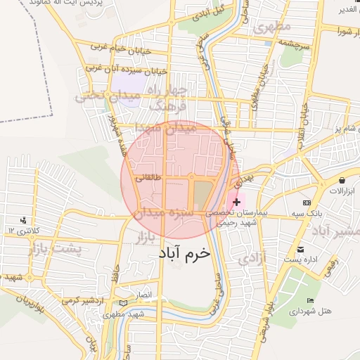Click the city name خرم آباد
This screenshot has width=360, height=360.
pos(184,252)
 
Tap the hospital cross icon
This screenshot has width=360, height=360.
pos(236,202)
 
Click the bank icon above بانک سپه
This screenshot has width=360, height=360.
pos(307,202)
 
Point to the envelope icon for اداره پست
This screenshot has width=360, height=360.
pos(300,250)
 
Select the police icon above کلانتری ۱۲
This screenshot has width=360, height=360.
pos(25,219)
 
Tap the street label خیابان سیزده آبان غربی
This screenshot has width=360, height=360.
pos(126,70)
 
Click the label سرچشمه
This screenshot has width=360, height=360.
pos(292,41)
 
